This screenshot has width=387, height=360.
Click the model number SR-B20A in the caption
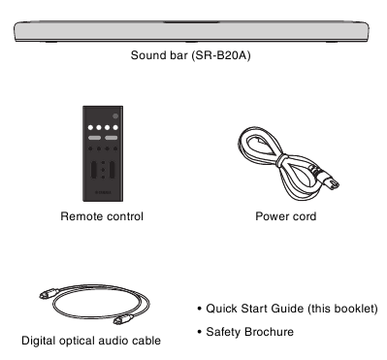point(221,55)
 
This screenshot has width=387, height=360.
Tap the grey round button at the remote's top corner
point(115,116)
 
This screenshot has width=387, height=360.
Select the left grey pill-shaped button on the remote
point(94,138)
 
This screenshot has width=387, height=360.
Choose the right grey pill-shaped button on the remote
point(111,138)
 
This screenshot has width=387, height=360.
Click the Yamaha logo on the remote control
point(103,192)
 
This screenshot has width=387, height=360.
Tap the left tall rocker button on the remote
point(94,170)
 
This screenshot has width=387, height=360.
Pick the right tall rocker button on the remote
point(112,170)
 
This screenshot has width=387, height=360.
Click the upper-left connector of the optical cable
point(49,294)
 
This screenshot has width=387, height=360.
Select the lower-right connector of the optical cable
point(123,319)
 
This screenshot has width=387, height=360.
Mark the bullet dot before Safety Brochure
point(200,332)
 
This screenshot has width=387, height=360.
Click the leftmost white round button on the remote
point(90,127)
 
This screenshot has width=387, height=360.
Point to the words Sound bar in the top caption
point(159,55)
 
